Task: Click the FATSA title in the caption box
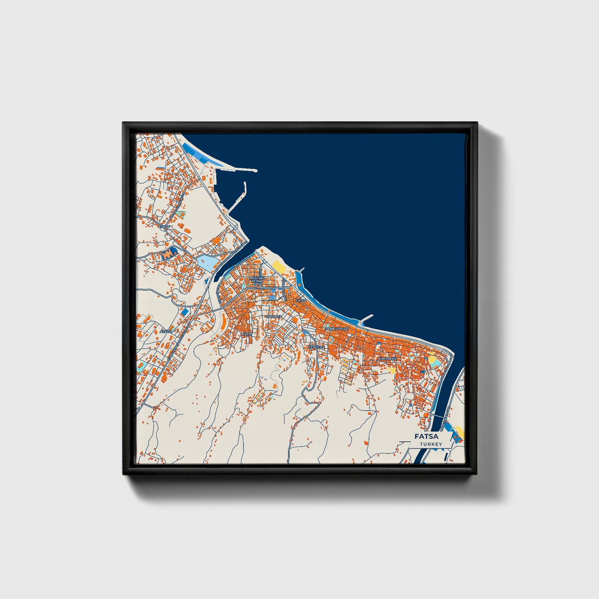tap(427, 436)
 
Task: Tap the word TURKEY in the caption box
tap(431, 444)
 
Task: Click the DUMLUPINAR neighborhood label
tap(337, 328)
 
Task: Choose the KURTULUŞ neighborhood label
tap(388, 358)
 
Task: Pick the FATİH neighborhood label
tap(247, 334)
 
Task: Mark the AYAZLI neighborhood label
tap(165, 332)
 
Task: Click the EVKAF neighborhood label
tap(165, 226)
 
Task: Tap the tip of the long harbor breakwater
tap(255, 171)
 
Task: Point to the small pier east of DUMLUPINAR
tap(366, 318)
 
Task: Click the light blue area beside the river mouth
tap(206, 262)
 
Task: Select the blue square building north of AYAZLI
tap(185, 311)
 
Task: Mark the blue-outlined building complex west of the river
tap(167, 254)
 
